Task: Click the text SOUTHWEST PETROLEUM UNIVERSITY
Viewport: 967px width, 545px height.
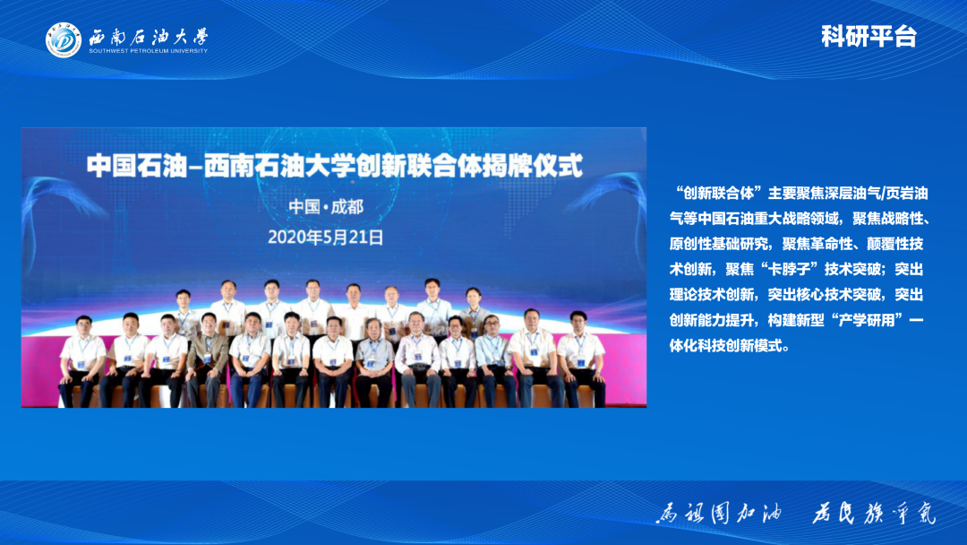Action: tap(148, 51)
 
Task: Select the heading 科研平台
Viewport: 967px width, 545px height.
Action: tap(869, 37)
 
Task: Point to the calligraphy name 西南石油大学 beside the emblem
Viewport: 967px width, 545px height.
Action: tap(148, 37)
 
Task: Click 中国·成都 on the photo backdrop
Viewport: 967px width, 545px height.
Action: tap(326, 206)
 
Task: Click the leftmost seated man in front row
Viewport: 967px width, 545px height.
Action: tap(83, 354)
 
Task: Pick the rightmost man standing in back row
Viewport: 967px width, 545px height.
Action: tap(473, 309)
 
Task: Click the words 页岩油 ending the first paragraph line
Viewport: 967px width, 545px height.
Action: tap(904, 193)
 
